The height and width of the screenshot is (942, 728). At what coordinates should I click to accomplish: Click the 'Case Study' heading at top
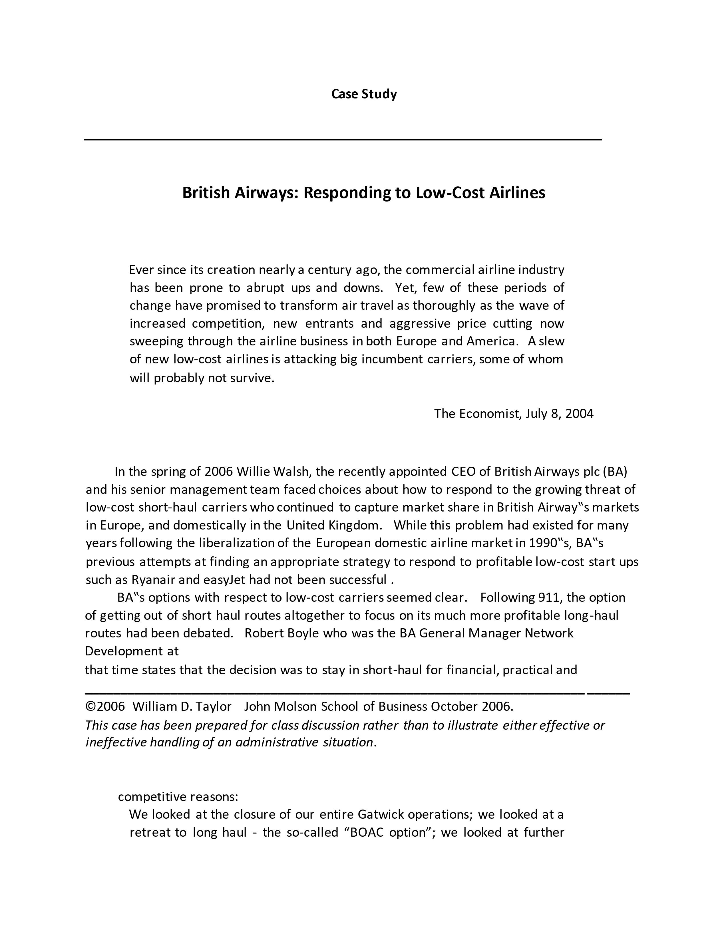(363, 94)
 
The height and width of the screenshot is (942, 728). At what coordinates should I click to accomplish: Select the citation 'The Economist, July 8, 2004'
(513, 414)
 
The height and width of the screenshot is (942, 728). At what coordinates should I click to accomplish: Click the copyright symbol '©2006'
(105, 706)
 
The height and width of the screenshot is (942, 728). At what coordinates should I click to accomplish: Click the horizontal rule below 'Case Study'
(342, 139)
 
